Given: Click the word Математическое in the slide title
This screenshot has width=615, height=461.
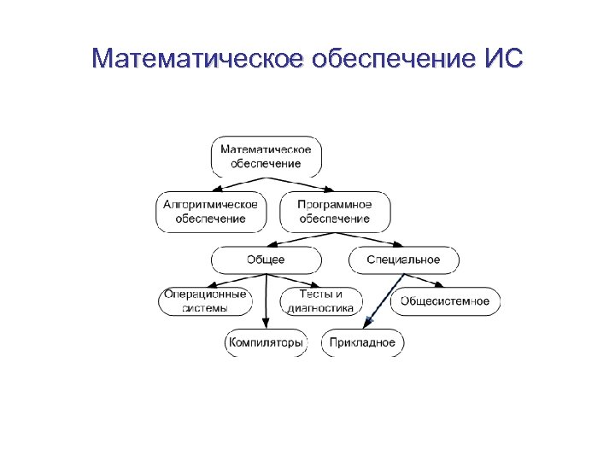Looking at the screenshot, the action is click(x=199, y=60).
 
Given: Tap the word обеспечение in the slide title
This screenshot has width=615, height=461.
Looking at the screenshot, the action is click(x=386, y=60).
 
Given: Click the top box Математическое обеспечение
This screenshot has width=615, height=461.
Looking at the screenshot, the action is click(x=266, y=156).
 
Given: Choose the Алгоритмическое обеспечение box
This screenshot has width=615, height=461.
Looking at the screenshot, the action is click(x=211, y=212).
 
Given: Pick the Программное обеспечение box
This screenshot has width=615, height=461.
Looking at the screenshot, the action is click(x=334, y=212).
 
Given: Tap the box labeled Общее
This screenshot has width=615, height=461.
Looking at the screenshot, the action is click(x=266, y=260).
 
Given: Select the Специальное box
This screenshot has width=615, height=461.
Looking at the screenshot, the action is click(x=403, y=260).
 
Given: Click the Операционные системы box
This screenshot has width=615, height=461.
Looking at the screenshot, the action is click(x=206, y=301).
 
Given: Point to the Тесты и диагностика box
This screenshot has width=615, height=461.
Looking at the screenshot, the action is click(x=320, y=301).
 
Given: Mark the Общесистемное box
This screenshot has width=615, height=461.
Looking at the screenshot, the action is click(x=445, y=301).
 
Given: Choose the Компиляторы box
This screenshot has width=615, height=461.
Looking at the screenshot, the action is click(x=265, y=343).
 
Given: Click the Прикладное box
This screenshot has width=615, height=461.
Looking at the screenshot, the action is click(x=362, y=343).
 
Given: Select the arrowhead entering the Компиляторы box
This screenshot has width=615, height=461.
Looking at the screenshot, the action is click(x=265, y=325).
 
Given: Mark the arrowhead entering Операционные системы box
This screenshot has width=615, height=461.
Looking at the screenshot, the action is click(x=210, y=285).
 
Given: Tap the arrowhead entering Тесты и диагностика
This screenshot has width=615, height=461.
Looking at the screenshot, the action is click(x=317, y=285).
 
